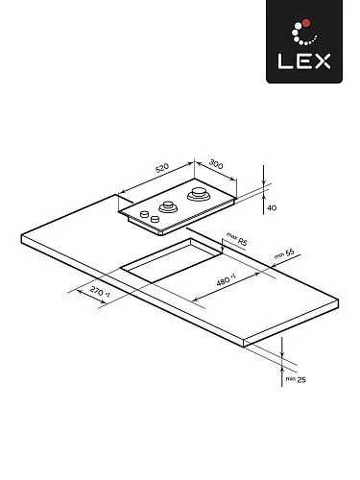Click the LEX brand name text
pos(304,61)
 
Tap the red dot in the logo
pos(306,23)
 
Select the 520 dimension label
pos(162,168)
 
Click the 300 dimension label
pos(216,164)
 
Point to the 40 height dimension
pos(272,208)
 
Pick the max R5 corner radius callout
pos(237,239)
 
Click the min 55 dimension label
pos(284,253)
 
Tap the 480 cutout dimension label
pos(226,280)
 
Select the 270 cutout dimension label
pos(100,292)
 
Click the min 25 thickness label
pos(296,379)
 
